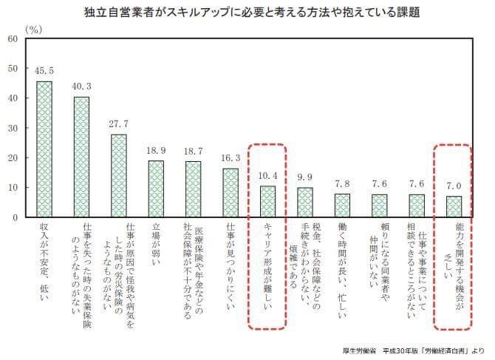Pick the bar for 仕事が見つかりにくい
[231, 193]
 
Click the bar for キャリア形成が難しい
[267, 201]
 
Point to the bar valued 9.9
[305, 202]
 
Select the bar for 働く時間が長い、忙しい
[342, 206]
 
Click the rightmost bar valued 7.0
[454, 206]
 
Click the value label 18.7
[193, 151]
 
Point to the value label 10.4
[267, 176]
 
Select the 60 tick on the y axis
[13, 38]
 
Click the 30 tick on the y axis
[13, 128]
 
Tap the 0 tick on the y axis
[16, 217]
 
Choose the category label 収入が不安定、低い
[45, 259]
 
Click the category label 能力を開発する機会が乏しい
[454, 270]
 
